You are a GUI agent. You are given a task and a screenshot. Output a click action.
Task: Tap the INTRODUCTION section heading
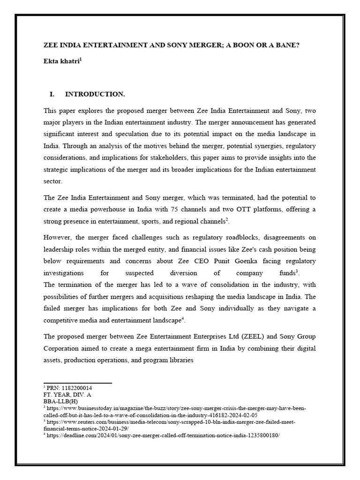point(95,94)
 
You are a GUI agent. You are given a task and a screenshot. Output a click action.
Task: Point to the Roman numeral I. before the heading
point(52,94)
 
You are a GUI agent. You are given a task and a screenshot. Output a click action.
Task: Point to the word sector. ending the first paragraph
point(53,181)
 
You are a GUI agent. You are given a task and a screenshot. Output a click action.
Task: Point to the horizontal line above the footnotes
point(77,383)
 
